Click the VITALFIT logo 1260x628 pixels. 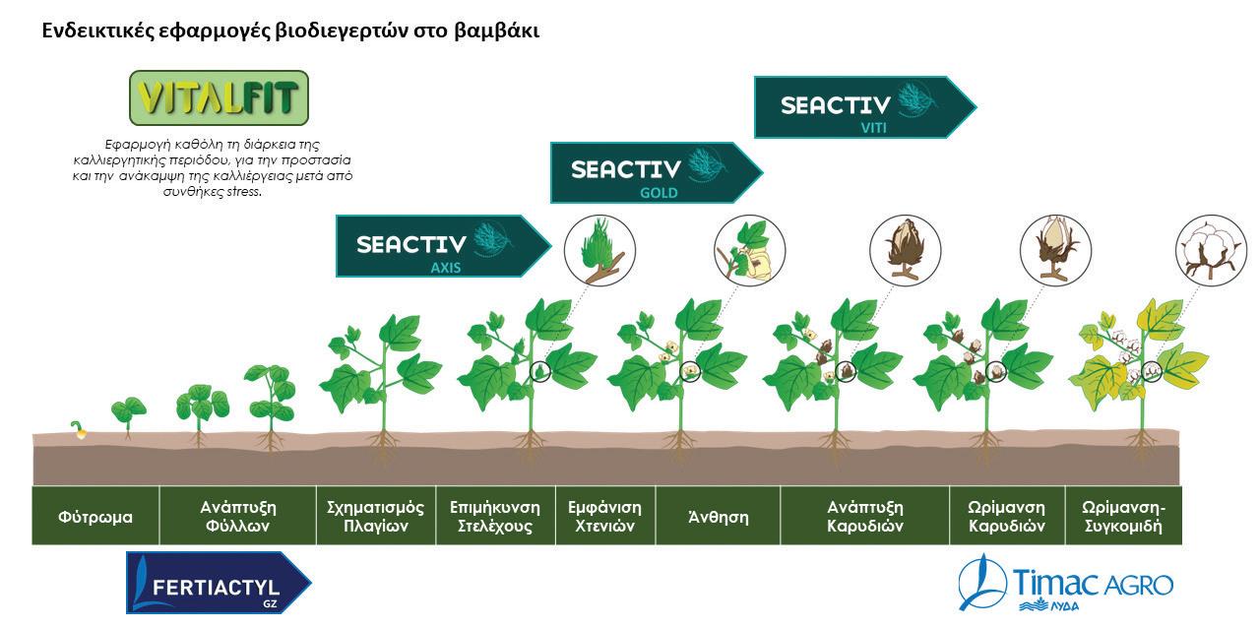(x=219, y=97)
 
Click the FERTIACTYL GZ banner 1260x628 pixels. (x=217, y=583)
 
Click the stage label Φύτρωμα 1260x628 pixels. (x=94, y=516)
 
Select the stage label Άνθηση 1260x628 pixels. (x=718, y=516)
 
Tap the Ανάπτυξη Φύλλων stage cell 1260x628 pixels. (x=237, y=516)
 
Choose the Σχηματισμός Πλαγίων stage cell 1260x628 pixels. (x=375, y=516)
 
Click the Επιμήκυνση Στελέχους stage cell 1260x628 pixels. (x=495, y=516)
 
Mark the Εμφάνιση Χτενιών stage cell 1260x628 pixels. (x=605, y=516)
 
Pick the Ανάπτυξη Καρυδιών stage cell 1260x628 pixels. (x=865, y=516)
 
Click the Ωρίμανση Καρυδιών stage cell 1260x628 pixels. (x=1007, y=516)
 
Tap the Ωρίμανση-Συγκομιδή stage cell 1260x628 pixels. (x=1122, y=516)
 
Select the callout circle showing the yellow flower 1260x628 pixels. (x=749, y=250)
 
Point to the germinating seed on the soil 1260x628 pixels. (x=78, y=429)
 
